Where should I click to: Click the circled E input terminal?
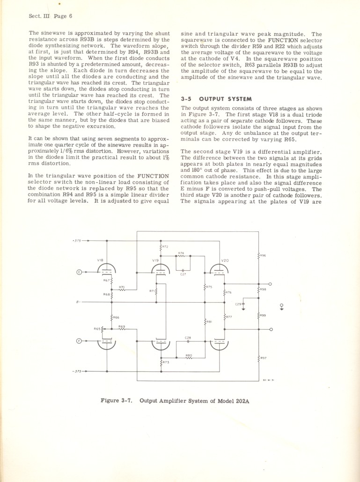79,271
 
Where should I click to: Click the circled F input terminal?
79,341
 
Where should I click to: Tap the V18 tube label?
100,260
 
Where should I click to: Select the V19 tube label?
155,260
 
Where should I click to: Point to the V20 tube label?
225,260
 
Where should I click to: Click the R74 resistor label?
181,253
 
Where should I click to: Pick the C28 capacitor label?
188,337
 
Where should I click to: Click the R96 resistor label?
263,255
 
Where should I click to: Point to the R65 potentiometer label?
97,329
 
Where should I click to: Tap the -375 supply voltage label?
76,371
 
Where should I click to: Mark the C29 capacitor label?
238,304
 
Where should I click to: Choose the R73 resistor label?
166,363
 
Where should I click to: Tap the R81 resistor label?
209,322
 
